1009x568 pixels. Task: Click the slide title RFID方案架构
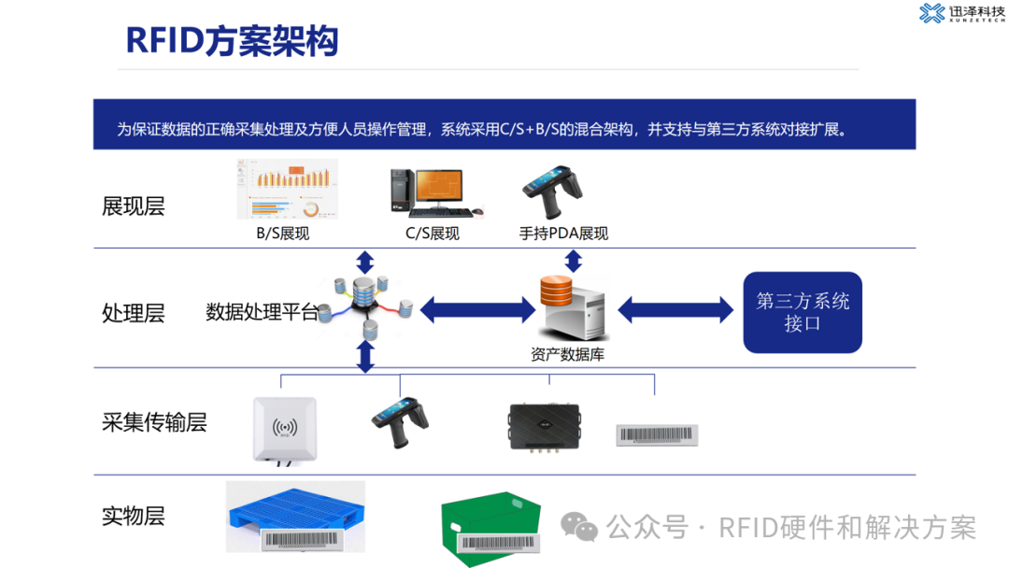coord(232,41)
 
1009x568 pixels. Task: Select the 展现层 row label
coord(134,206)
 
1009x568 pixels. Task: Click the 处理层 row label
coord(134,313)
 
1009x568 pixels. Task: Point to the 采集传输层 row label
coord(154,421)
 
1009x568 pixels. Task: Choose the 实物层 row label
coord(134,515)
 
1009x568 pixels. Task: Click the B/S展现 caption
coord(283,234)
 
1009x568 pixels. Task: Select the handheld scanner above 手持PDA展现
coord(552,191)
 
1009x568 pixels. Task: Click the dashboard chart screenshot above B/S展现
coord(288,190)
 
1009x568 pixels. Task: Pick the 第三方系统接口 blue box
coord(803,312)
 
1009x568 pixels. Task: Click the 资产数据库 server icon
coord(572,308)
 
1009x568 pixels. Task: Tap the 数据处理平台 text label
coord(261,312)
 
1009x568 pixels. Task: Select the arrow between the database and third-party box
coord(675,309)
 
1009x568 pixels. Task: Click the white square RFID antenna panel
coord(285,429)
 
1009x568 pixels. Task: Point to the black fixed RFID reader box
coord(544,426)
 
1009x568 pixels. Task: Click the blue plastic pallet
coord(295,517)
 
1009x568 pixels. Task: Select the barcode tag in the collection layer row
coord(657,433)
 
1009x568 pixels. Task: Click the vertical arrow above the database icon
coord(574,260)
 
